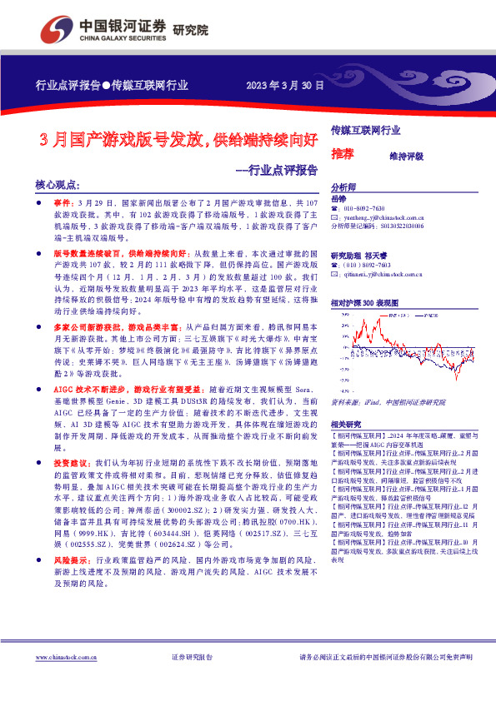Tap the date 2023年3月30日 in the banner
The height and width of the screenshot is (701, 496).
284,85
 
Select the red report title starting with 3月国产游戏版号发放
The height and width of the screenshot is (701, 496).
179,139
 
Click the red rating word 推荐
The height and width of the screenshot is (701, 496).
342,154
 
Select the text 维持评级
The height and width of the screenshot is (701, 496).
406,156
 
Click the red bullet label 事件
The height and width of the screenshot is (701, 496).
63,202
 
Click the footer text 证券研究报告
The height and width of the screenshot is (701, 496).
191,657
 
